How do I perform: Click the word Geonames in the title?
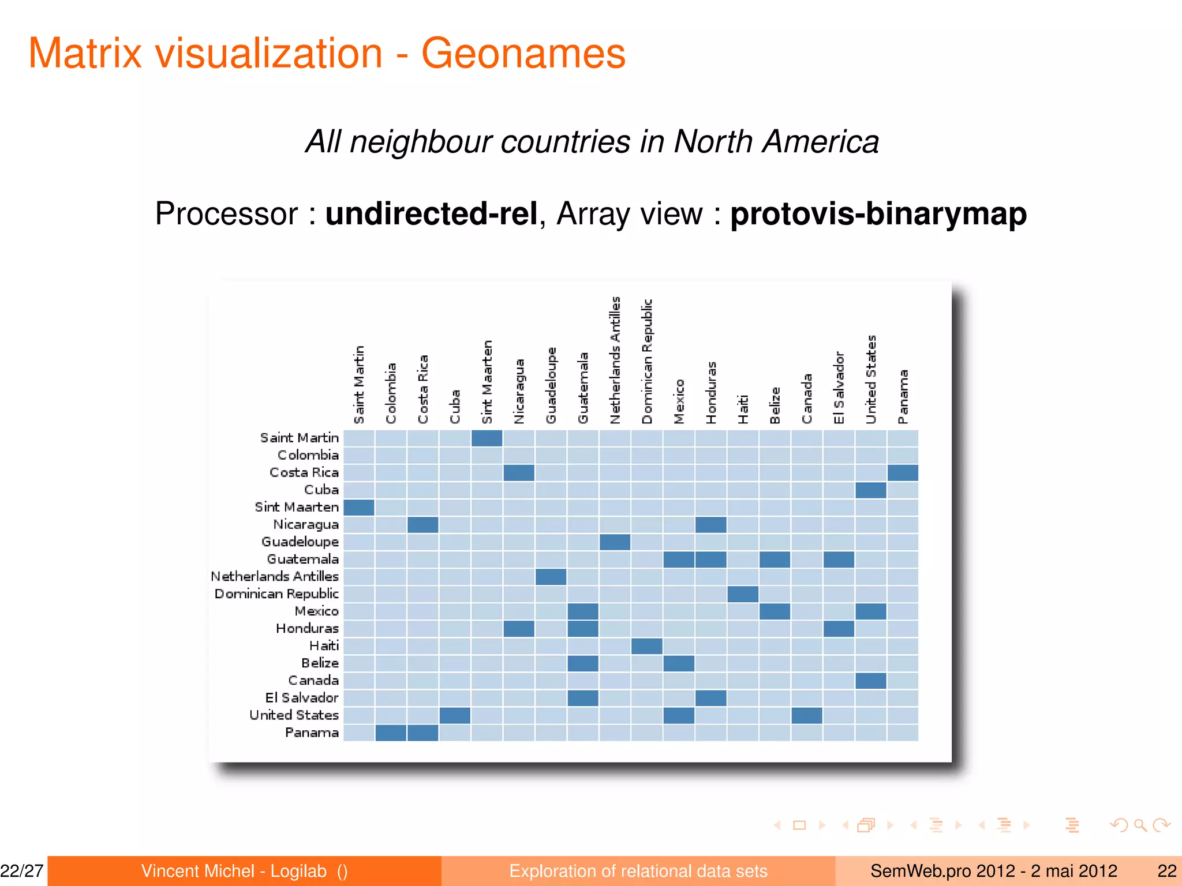pos(523,54)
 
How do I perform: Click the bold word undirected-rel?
pos(431,214)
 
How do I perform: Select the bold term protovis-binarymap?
pos(878,214)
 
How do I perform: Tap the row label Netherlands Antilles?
pos(275,576)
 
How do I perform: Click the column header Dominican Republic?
pos(647,361)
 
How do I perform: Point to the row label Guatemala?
pos(302,559)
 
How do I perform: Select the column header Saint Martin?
pos(359,384)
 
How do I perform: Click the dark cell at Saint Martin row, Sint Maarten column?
pos(487,438)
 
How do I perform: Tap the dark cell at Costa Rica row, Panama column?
pos(903,473)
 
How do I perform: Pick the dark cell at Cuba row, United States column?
pos(870,490)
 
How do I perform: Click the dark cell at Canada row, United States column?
pos(870,681)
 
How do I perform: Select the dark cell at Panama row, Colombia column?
pos(391,733)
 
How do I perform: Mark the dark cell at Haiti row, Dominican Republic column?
pos(646,646)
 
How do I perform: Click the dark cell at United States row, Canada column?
pos(806,715)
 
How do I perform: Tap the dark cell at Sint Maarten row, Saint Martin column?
pos(359,508)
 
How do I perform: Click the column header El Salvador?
pos(839,387)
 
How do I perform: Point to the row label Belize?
pos(320,663)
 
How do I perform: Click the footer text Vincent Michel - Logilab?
pos(234,871)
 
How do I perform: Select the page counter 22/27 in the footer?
pos(22,871)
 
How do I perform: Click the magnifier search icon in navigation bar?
pos(1140,825)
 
